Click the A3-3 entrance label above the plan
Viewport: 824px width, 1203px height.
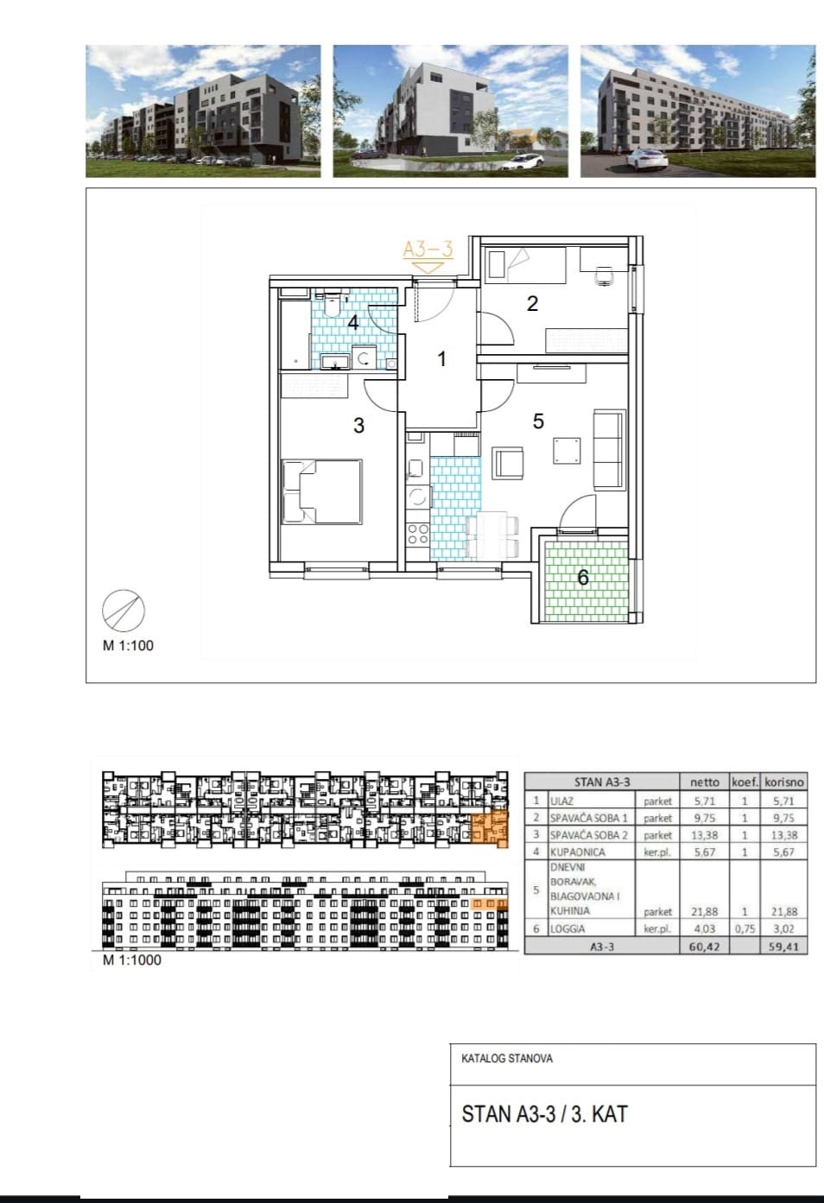tap(428, 250)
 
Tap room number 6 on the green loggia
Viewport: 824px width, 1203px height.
tap(583, 578)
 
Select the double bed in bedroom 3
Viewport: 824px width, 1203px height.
tap(322, 491)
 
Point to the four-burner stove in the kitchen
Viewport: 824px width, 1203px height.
tap(418, 535)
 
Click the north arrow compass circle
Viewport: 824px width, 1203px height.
tap(124, 610)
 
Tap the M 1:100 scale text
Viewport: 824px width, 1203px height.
tap(128, 645)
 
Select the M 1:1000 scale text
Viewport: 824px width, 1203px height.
tap(131, 959)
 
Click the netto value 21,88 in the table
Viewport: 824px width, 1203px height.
tap(704, 911)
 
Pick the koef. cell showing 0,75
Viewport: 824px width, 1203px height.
tap(745, 928)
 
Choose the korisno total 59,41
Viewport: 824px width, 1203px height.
tap(783, 947)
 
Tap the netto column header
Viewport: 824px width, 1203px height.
tap(704, 782)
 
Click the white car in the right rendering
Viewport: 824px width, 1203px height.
tap(647, 158)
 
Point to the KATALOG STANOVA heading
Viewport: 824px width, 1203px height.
tap(506, 1059)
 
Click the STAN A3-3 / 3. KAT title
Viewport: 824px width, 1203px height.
tap(544, 1114)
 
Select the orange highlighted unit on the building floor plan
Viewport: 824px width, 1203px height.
tap(489, 829)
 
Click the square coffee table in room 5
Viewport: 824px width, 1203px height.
tap(567, 451)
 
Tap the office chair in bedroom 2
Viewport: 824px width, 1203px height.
tap(605, 275)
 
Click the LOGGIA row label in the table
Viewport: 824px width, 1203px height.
tap(567, 928)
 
